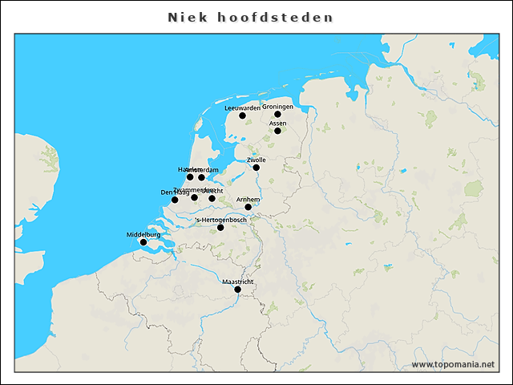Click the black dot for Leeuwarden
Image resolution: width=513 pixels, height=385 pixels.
(x=242, y=115)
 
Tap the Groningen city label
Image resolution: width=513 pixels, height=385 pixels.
(x=277, y=107)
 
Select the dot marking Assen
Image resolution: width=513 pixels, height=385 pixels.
(x=277, y=131)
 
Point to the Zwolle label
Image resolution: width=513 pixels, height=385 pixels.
(x=256, y=160)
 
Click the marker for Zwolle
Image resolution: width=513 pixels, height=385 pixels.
(x=256, y=168)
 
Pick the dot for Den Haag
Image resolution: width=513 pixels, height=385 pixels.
(x=175, y=200)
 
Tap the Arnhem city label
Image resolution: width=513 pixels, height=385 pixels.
(x=248, y=199)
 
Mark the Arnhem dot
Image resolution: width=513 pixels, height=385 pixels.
(x=248, y=207)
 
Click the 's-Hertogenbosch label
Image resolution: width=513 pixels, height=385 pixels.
(x=221, y=220)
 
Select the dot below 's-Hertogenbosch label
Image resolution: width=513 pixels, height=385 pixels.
(x=221, y=228)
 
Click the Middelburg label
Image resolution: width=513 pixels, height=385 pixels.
(x=143, y=234)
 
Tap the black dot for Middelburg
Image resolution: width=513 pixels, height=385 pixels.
(x=143, y=242)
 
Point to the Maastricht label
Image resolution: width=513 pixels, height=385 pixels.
(x=237, y=282)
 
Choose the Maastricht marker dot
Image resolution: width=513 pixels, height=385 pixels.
(x=237, y=290)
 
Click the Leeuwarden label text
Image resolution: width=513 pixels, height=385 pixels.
(x=242, y=107)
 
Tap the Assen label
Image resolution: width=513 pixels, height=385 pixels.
(x=277, y=123)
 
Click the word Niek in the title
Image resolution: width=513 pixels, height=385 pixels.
(x=184, y=17)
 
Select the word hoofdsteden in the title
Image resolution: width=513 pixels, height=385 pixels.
(x=275, y=17)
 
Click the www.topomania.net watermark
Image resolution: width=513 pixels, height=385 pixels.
(x=453, y=364)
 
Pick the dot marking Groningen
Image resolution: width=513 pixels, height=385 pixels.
(x=277, y=114)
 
